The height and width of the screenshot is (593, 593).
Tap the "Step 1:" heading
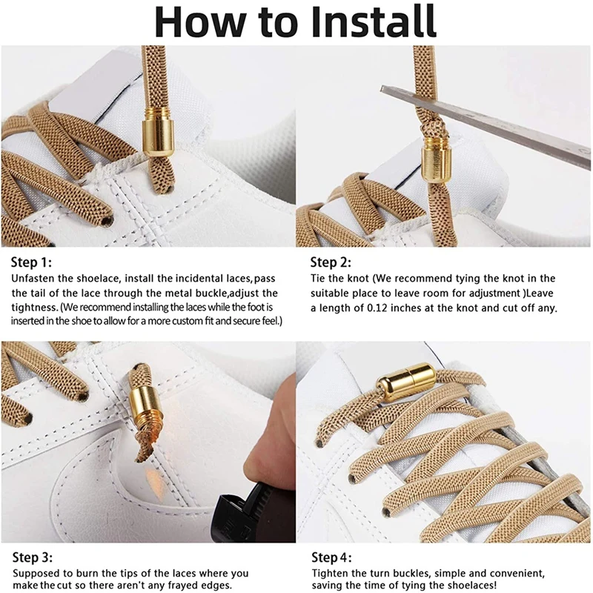(x=32, y=262)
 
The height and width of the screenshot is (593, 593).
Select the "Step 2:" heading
(x=331, y=262)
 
